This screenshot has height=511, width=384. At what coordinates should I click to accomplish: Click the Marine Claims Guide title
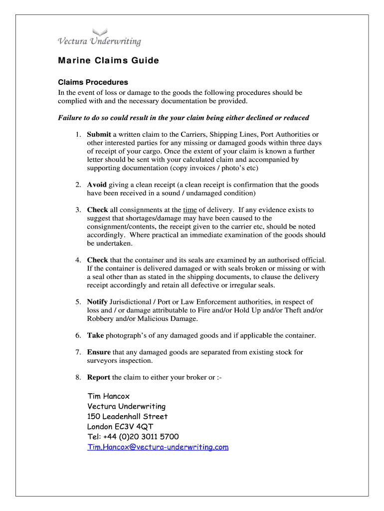pyautogui.click(x=108, y=61)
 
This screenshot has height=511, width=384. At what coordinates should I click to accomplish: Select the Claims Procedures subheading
pyautogui.click(x=93, y=82)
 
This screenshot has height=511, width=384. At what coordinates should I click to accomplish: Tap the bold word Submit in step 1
pyautogui.click(x=99, y=135)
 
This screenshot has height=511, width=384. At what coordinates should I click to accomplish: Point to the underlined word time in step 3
pyautogui.click(x=190, y=210)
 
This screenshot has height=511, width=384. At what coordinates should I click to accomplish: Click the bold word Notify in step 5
pyautogui.click(x=97, y=302)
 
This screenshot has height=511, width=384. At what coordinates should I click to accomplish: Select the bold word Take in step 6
pyautogui.click(x=95, y=335)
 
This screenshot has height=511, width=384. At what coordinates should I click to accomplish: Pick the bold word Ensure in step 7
pyautogui.click(x=99, y=352)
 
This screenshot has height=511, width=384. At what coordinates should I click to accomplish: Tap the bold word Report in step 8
pyautogui.click(x=99, y=377)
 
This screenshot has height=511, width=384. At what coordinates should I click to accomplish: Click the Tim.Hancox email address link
pyautogui.click(x=158, y=447)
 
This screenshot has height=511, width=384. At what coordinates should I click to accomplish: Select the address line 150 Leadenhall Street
pyautogui.click(x=127, y=417)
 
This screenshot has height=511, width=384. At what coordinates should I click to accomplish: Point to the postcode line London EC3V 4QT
pyautogui.click(x=120, y=427)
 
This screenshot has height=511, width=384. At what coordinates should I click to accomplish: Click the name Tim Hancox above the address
pyautogui.click(x=108, y=396)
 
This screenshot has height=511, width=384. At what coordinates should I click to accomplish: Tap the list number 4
pyautogui.click(x=78, y=260)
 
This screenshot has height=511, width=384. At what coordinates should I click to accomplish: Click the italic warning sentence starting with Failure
pyautogui.click(x=184, y=118)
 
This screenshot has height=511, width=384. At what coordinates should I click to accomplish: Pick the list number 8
pyautogui.click(x=78, y=377)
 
